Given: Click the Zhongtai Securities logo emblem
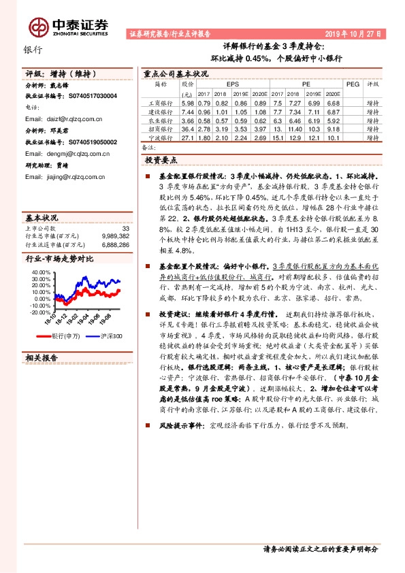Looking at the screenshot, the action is pyautogui.click(x=38, y=26).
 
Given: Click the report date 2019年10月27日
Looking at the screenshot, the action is pyautogui.click(x=353, y=33).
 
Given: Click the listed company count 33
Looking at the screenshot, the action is pyautogui.click(x=125, y=228).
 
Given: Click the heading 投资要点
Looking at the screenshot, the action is pyautogui.click(x=161, y=160).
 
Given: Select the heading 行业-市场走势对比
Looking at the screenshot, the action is pyautogui.click(x=59, y=259).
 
